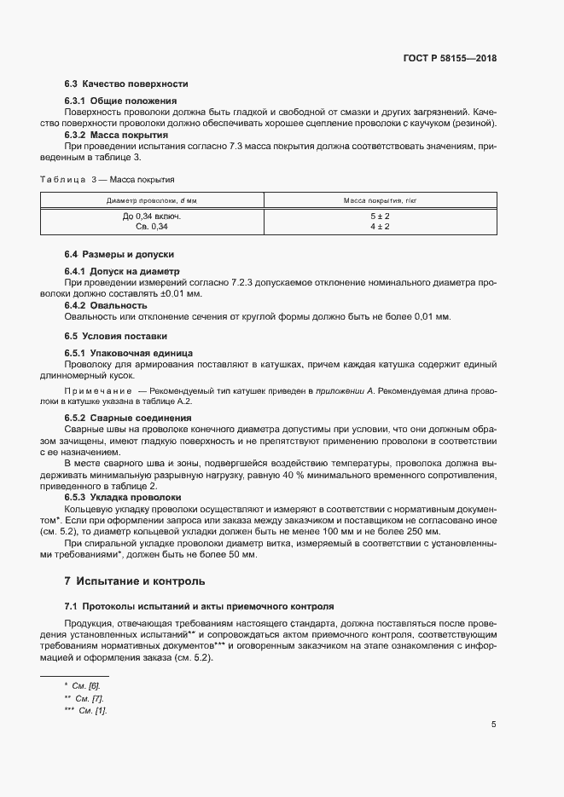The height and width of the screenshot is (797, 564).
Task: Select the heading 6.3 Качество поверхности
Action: click(x=126, y=84)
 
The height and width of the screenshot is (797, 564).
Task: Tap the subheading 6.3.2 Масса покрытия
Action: click(x=116, y=135)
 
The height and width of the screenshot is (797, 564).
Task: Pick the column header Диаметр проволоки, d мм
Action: click(x=151, y=200)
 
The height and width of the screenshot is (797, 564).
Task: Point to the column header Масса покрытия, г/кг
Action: click(x=380, y=200)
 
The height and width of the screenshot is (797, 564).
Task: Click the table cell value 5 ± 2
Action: click(x=380, y=217)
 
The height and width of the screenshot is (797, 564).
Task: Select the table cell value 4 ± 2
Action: click(x=380, y=227)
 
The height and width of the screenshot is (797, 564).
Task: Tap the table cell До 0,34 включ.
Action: click(x=152, y=217)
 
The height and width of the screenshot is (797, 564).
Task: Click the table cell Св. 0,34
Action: click(x=152, y=227)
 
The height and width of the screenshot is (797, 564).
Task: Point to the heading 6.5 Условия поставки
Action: click(x=116, y=336)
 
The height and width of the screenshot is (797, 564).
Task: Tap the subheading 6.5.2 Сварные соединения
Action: click(x=127, y=418)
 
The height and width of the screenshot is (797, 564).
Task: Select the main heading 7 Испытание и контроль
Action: click(x=135, y=581)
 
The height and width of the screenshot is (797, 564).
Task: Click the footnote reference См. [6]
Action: click(x=89, y=685)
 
